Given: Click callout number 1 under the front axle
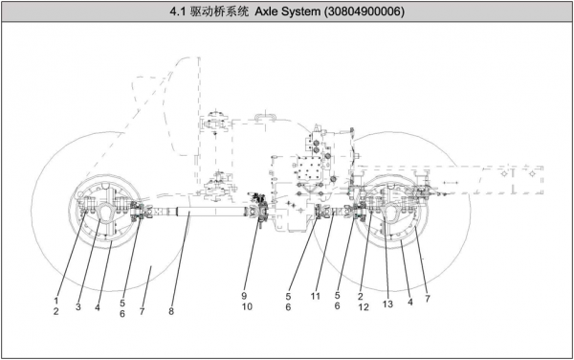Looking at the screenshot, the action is point(56,301).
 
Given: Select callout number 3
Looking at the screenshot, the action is point(78,306).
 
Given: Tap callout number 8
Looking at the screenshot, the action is point(171,311).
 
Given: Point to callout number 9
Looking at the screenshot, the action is point(244,296).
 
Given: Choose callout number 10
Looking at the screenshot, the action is point(247,306).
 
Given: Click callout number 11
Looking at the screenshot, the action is point(316,296).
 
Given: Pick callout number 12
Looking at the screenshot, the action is point(364,307).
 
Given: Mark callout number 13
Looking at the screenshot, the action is point(387,304).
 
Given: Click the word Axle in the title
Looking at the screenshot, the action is point(267,11).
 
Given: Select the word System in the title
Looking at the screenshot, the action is point(301,12).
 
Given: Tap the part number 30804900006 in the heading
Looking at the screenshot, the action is point(364,11).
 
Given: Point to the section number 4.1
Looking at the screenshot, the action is point(178,11).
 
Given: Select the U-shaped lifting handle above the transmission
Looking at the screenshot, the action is point(265,117).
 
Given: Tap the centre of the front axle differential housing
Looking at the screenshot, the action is point(105,212).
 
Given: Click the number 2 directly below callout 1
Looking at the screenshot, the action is point(56,312).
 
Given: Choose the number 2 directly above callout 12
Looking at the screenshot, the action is point(361,296).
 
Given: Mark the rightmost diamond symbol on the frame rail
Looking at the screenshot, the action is point(533,173).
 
